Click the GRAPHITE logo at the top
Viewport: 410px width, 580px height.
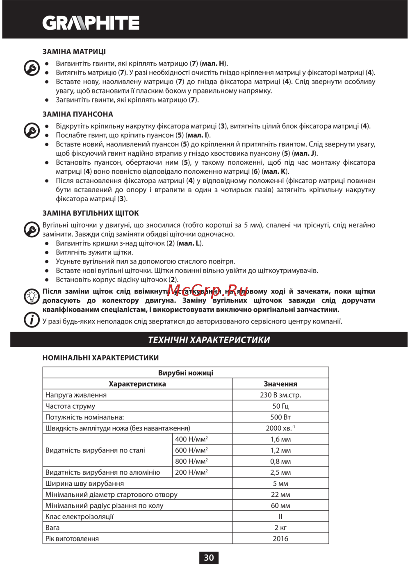pyautogui.click(x=91, y=23)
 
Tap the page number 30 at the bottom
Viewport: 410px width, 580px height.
pyautogui.click(x=209, y=557)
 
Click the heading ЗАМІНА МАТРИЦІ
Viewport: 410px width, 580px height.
pyautogui.click(x=74, y=52)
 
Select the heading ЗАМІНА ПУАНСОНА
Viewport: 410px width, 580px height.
pyautogui.click(x=78, y=114)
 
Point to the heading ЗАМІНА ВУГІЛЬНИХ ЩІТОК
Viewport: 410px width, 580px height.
pyautogui.click(x=91, y=213)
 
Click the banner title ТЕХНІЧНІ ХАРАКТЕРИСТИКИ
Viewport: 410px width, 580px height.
pyautogui.click(x=209, y=340)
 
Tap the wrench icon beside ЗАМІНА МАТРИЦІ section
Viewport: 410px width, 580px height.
pyautogui.click(x=32, y=68)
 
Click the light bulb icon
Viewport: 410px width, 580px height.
pyautogui.click(x=32, y=296)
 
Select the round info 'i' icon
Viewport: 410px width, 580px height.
pyautogui.click(x=32, y=319)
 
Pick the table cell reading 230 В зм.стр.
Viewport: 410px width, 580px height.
pyautogui.click(x=280, y=395)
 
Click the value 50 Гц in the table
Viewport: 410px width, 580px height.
pyautogui.click(x=280, y=406)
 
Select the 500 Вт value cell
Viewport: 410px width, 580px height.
pyautogui.click(x=280, y=417)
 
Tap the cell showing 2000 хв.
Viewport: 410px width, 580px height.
pyautogui.click(x=280, y=428)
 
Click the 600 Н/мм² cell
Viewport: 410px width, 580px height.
pyautogui.click(x=191, y=450)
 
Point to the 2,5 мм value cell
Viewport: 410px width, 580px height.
pyautogui.click(x=280, y=473)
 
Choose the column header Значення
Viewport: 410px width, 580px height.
pyautogui.click(x=280, y=384)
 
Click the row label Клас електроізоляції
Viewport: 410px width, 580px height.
pyautogui.click(x=80, y=517)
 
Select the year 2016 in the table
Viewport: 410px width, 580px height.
pyautogui.click(x=280, y=539)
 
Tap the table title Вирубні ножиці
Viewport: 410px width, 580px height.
pyautogui.click(x=186, y=373)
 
